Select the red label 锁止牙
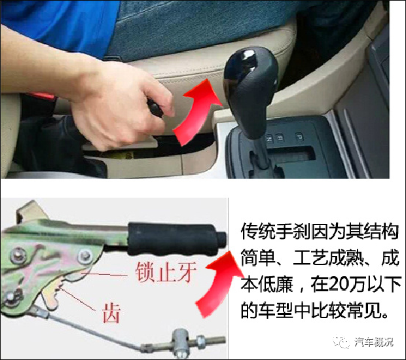click(165, 272)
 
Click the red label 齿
click(111, 314)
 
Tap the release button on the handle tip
click(222, 239)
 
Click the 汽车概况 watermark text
click(374, 342)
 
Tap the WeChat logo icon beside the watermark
click(342, 342)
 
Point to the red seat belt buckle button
click(43, 96)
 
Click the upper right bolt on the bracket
click(85, 257)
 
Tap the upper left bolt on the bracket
click(18, 255)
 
